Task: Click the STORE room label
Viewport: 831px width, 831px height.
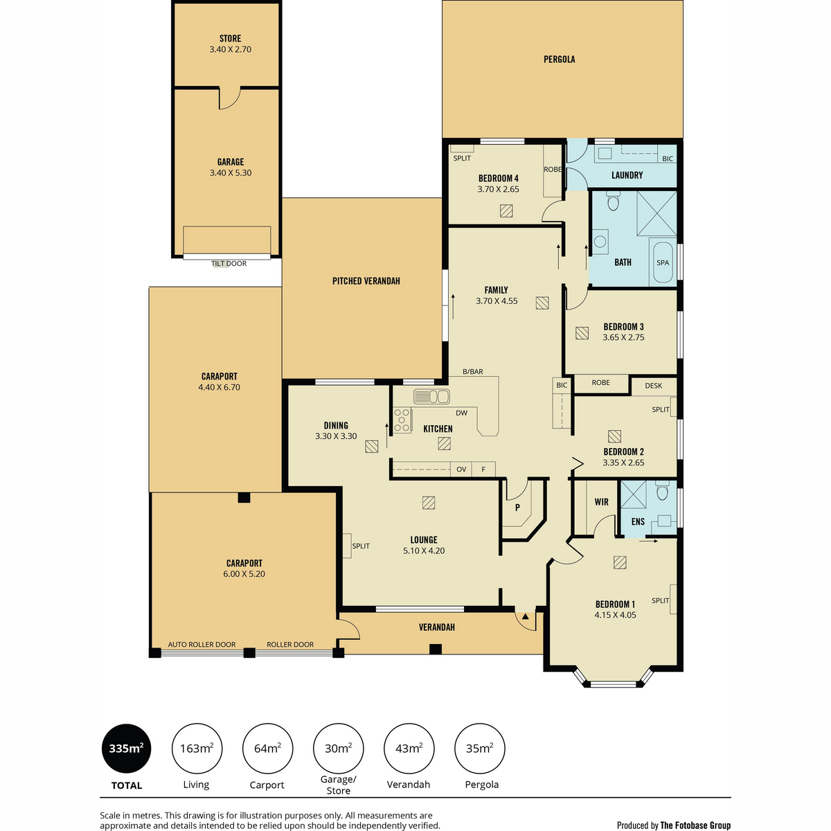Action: coord(230,38)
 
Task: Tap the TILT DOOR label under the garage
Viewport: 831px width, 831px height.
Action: coord(229,263)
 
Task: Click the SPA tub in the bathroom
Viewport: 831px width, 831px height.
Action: coord(663,262)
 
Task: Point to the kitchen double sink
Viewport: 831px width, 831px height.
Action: coord(431,396)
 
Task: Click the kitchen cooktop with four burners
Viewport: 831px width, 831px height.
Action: coord(402,420)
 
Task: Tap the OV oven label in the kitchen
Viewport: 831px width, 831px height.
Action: coord(461,470)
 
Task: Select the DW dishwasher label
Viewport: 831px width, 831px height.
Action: coord(461,413)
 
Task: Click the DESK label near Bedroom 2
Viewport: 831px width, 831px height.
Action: coord(653,386)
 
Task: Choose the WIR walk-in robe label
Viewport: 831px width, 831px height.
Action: coord(601,502)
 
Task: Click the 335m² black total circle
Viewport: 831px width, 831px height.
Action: coord(126,749)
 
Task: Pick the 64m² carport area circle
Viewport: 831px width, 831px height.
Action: coord(267,749)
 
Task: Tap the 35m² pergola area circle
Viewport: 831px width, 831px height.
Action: coord(479,749)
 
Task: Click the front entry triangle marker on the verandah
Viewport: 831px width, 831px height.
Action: coord(525,617)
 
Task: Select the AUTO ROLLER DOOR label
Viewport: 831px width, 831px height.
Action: coord(202,644)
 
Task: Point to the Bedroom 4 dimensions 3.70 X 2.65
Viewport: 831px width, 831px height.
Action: coord(498,189)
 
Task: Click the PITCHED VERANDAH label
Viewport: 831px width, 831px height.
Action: coord(366,281)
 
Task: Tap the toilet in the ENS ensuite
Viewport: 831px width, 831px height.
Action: coord(662,490)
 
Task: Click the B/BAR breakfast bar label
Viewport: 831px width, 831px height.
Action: coord(473,371)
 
